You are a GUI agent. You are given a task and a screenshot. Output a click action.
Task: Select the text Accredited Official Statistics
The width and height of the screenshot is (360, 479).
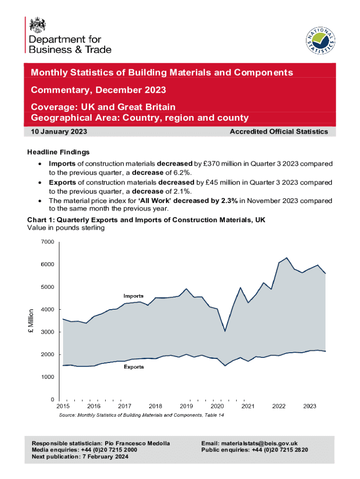click(x=279, y=132)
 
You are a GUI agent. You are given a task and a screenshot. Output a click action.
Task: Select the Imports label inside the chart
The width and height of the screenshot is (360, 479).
click(x=133, y=296)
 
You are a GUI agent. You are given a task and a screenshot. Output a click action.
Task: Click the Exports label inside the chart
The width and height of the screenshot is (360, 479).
click(x=134, y=367)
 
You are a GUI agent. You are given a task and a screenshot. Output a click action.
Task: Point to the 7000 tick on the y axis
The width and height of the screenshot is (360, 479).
click(x=48, y=242)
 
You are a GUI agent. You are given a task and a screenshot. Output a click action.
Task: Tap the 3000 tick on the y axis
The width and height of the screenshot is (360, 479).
click(x=48, y=332)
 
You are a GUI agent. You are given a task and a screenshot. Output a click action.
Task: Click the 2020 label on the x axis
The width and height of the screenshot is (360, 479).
click(x=217, y=406)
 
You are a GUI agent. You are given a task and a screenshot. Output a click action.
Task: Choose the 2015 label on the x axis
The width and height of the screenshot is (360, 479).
click(x=63, y=406)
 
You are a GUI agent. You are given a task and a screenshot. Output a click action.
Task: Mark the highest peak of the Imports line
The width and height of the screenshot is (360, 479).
click(x=287, y=258)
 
